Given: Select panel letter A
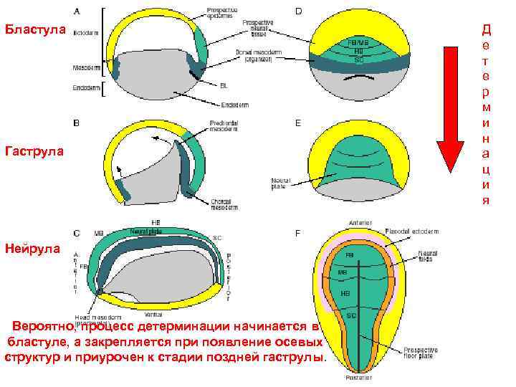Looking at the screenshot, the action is pos(77,11).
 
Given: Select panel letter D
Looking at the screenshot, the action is pos(297,11).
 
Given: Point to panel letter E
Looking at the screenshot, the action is pos(297,123).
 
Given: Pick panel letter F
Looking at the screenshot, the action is pos(297,234).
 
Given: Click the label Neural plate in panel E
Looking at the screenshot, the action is pos(281,183).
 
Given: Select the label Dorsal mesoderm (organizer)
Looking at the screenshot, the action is pos(260,55).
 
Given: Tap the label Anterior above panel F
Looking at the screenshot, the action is pos(360,223).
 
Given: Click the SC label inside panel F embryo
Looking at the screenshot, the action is pos(351,315).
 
